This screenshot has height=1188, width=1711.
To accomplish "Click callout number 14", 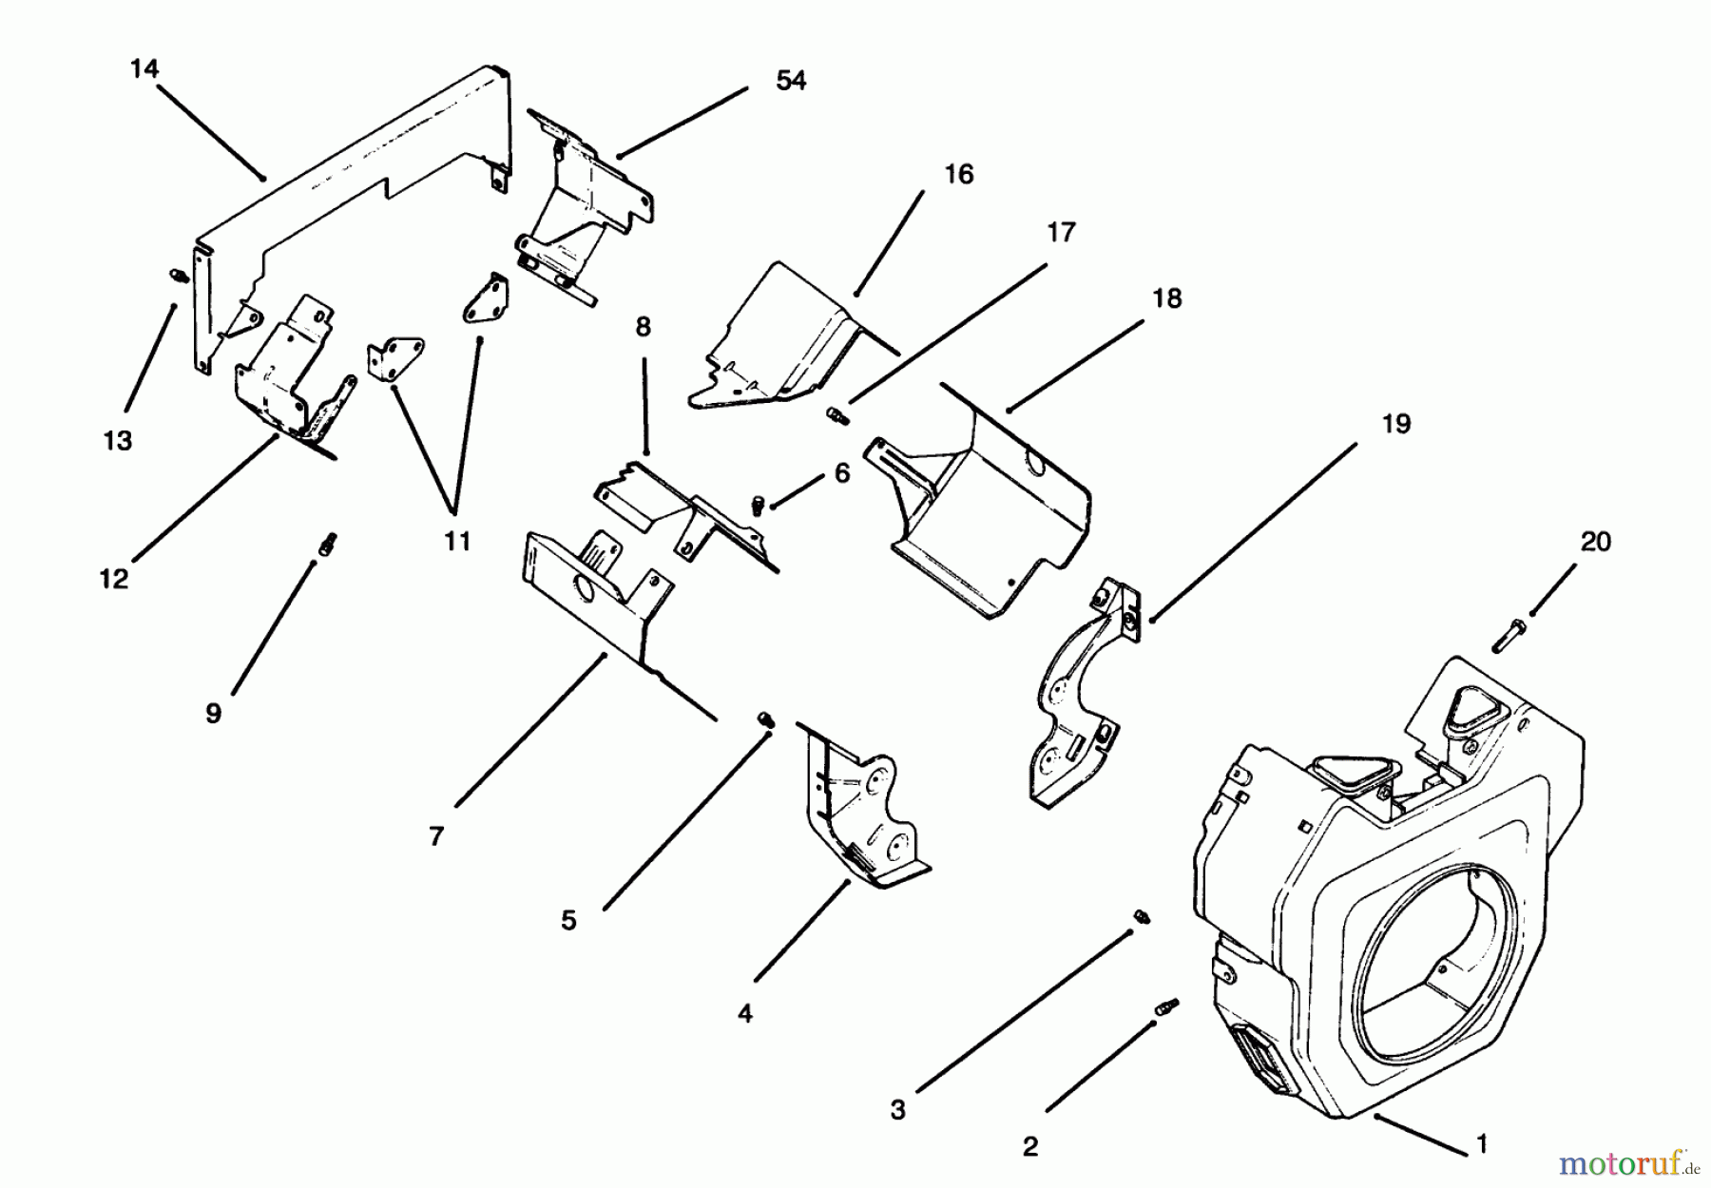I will click(x=144, y=69).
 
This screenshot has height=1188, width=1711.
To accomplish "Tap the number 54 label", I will click(x=790, y=82).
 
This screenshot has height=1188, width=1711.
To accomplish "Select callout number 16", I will click(x=958, y=175).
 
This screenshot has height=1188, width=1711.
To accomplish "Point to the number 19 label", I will click(x=1394, y=424).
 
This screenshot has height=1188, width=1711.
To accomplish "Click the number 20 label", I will click(x=1595, y=542).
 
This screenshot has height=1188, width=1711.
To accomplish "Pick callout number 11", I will click(x=456, y=542).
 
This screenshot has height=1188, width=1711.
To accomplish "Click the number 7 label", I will click(x=436, y=837).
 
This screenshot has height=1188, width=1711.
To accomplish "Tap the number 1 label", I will click(x=1480, y=1143).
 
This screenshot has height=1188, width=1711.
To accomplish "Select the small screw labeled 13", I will click(x=176, y=276).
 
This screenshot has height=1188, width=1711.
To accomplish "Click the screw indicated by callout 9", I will click(x=328, y=545).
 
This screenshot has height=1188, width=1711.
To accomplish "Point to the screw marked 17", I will click(x=835, y=415).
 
